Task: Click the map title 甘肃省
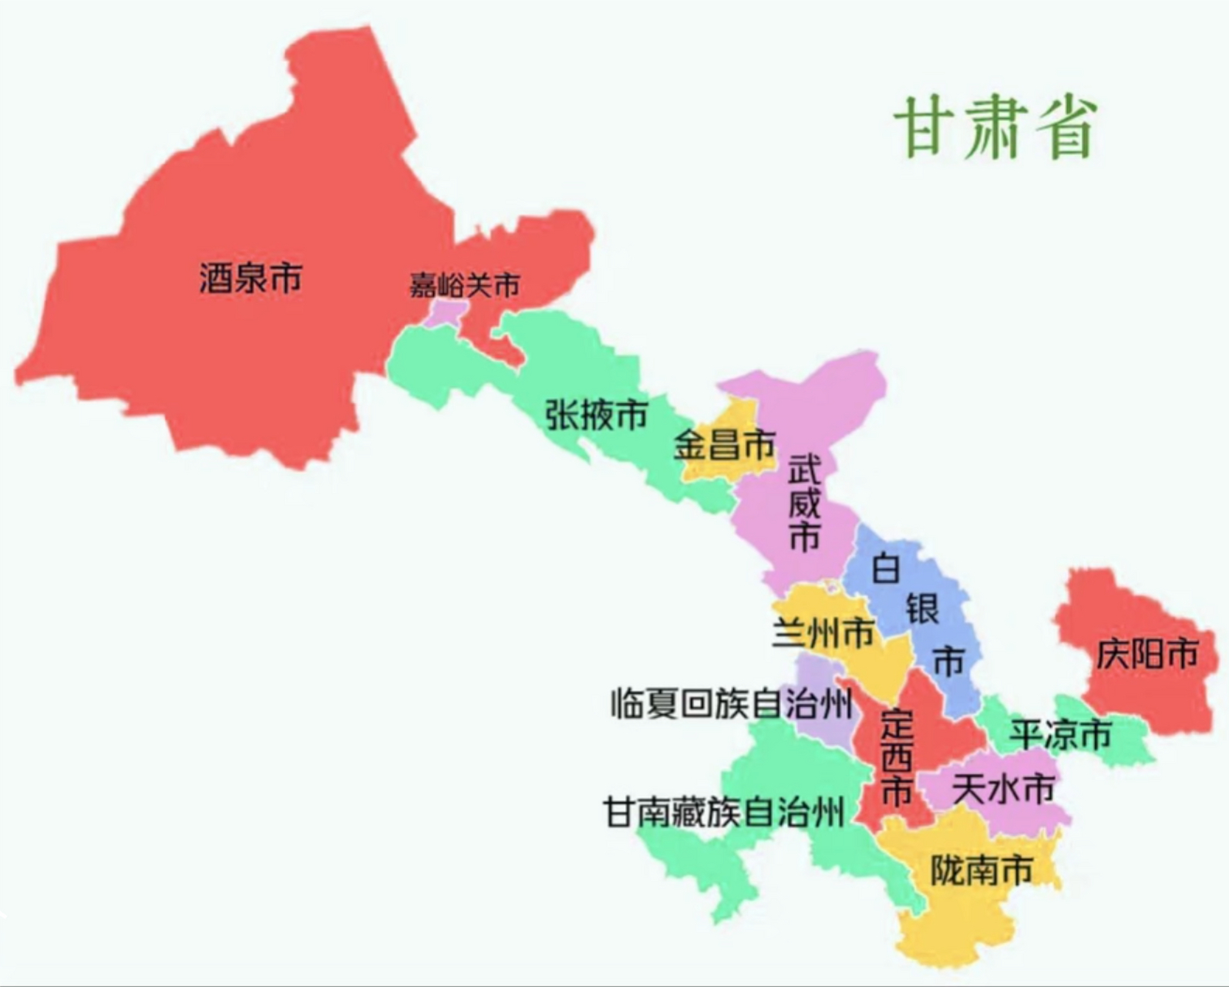tap(995, 128)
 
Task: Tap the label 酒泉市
tap(251, 278)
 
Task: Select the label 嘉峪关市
tap(464, 286)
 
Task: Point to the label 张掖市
tap(596, 415)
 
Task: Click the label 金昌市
tap(724, 445)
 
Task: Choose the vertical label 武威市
tap(804, 502)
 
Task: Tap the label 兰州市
tap(823, 633)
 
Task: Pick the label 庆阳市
tap(1147, 655)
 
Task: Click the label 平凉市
tap(1061, 734)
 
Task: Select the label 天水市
tap(1003, 789)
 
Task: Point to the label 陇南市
tap(982, 871)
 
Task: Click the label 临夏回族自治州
tap(732, 703)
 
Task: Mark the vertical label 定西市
tap(897, 759)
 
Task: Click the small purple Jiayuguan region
tap(446, 313)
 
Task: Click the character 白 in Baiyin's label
tap(886, 568)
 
